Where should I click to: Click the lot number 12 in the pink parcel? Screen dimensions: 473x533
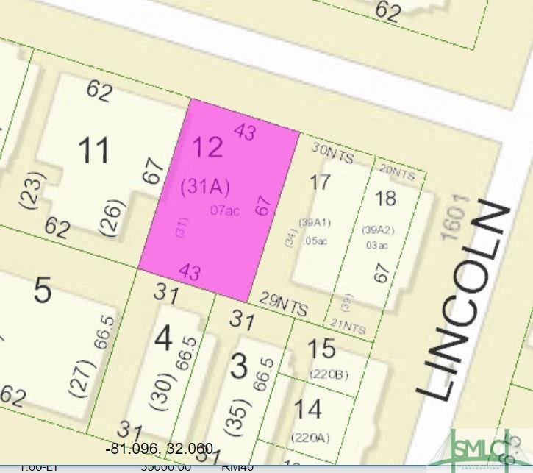(207, 147)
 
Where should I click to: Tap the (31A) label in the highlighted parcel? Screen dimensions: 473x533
(205, 188)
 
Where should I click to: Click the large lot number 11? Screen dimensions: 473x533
(93, 150)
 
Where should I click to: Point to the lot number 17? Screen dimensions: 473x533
(320, 182)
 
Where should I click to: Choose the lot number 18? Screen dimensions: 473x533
(385, 198)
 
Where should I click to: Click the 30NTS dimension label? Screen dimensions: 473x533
(333, 152)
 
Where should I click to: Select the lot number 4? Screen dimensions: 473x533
(163, 339)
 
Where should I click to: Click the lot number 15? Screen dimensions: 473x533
(321, 348)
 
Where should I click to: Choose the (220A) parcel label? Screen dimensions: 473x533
(310, 438)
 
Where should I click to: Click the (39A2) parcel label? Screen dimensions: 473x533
(376, 229)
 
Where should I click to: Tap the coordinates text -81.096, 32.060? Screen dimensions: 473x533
(160, 448)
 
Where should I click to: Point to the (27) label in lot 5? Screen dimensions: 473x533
(82, 376)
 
